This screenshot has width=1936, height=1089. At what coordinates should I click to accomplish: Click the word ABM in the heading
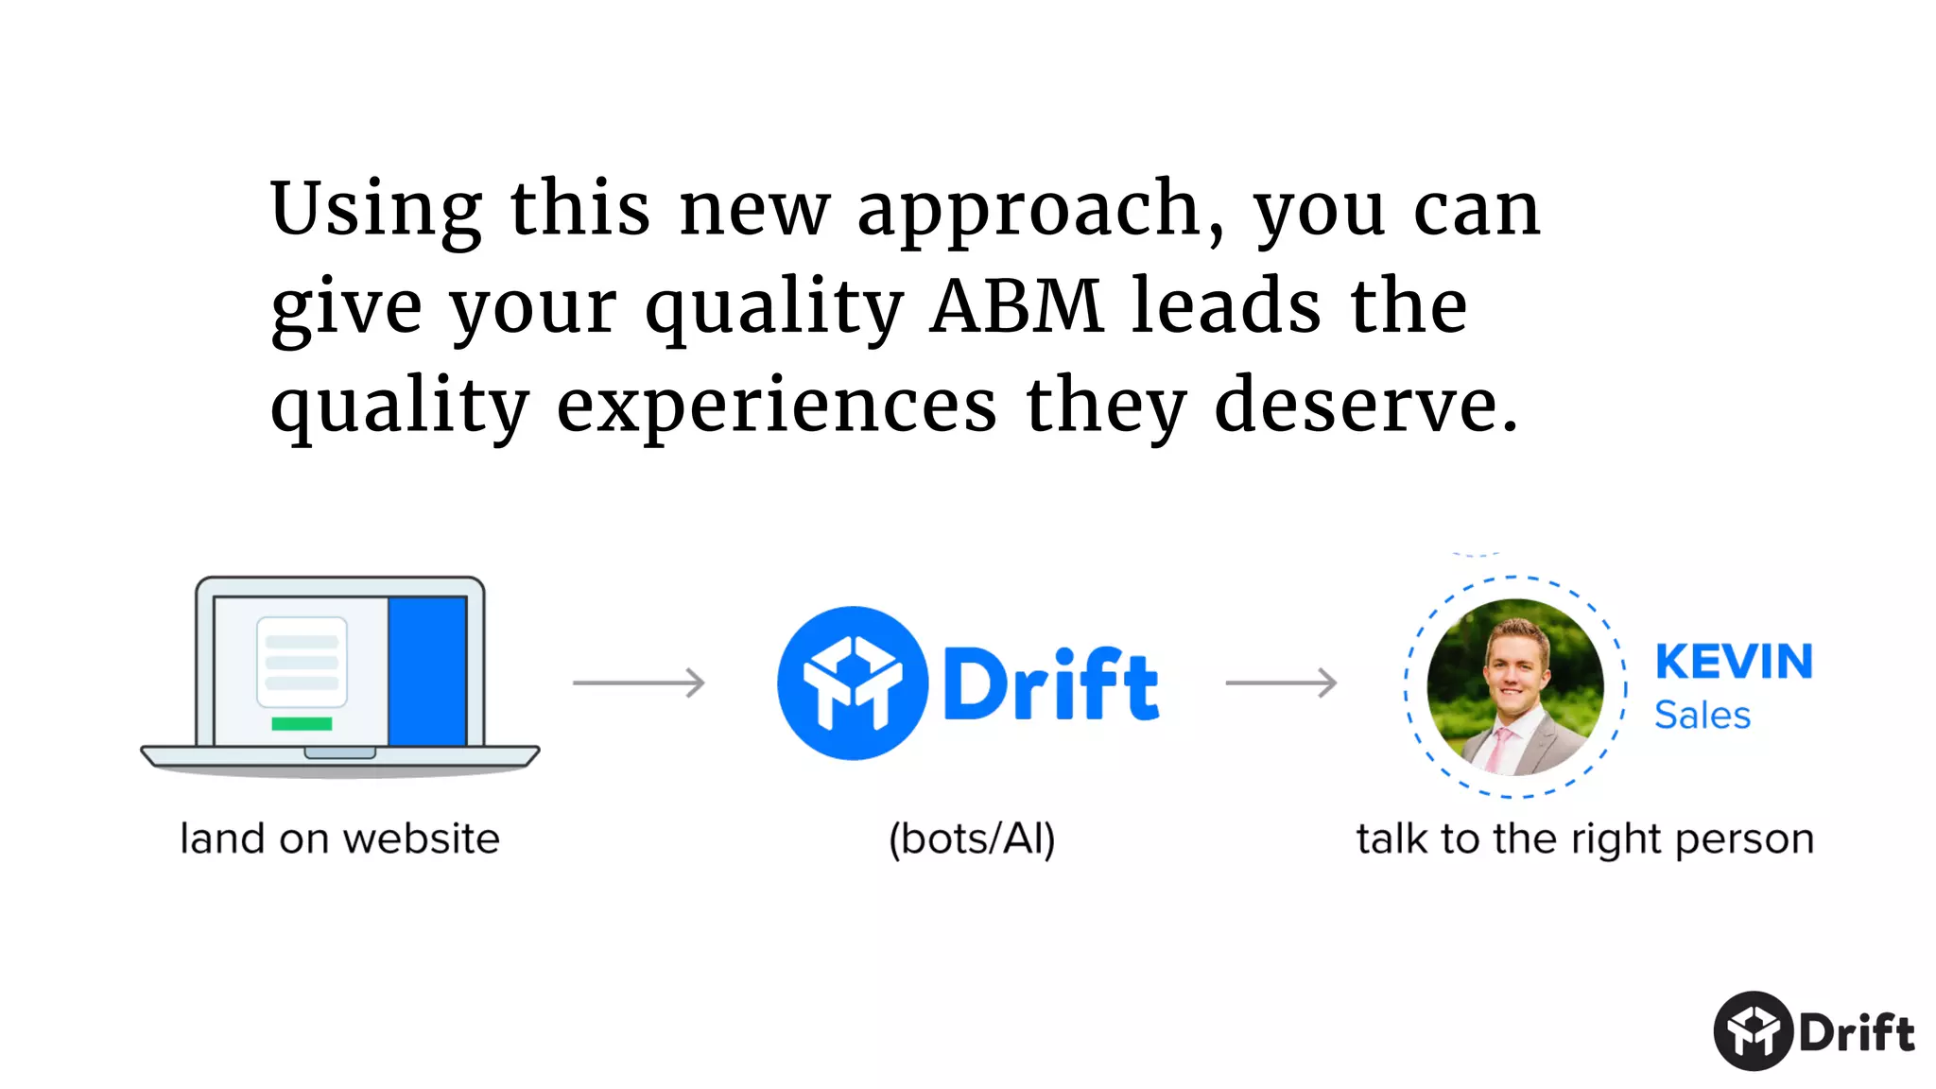click(x=1016, y=307)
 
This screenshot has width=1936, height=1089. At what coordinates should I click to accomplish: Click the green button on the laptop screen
click(x=302, y=724)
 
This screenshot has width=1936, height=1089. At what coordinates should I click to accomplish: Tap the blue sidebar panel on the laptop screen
click(x=427, y=671)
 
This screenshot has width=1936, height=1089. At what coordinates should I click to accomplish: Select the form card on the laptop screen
click(x=302, y=662)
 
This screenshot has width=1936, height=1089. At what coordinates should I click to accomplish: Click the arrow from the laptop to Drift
click(x=639, y=683)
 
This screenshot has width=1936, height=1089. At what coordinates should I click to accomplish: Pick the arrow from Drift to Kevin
click(x=1281, y=683)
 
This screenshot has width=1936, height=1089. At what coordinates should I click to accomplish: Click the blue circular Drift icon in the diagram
click(x=853, y=683)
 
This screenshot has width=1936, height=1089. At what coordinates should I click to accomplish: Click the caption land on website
click(x=339, y=839)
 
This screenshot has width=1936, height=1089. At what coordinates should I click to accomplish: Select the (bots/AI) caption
click(x=972, y=839)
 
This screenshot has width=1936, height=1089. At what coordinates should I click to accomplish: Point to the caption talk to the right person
click(x=1585, y=839)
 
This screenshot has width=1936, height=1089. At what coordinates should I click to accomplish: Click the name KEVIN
click(x=1734, y=662)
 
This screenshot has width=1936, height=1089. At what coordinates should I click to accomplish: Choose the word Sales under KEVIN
click(x=1703, y=716)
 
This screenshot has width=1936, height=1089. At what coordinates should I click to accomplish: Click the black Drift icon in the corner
click(x=1754, y=1031)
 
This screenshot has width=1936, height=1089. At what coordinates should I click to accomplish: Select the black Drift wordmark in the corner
click(x=1857, y=1032)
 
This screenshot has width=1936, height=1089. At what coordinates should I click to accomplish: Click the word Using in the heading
click(x=376, y=210)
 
